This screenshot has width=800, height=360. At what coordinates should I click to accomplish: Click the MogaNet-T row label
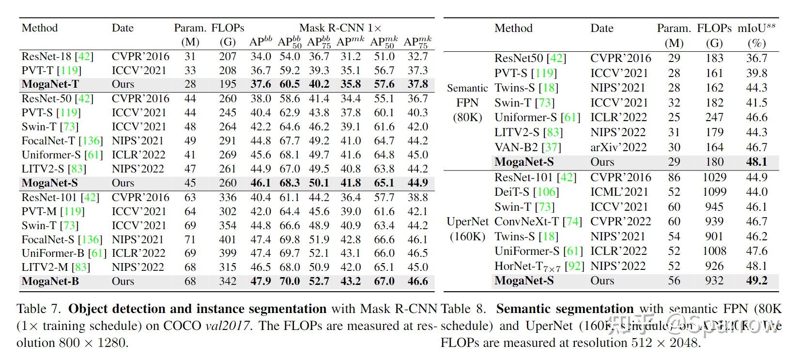[x=50, y=84]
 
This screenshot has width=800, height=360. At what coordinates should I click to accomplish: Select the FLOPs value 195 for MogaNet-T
[x=228, y=84]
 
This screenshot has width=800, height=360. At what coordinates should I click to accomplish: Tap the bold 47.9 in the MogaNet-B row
[x=261, y=282]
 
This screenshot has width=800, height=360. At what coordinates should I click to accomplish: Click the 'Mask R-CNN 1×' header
[x=340, y=28]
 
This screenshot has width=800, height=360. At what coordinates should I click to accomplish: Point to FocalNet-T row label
[x=48, y=141]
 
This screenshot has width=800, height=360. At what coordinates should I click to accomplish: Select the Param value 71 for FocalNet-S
[x=190, y=240]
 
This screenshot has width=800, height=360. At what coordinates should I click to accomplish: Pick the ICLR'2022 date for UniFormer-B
[x=138, y=253]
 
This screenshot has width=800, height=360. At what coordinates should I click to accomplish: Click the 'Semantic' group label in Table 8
[x=467, y=88]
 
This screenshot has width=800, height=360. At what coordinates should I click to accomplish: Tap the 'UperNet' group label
[x=467, y=222]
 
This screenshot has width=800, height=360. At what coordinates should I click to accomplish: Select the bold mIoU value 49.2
[x=756, y=281]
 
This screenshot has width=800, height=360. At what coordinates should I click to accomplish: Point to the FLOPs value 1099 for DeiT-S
[x=714, y=192]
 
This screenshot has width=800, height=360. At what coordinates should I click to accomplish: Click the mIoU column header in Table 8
[x=756, y=28]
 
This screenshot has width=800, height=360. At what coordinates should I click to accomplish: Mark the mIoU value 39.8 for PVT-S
[x=756, y=73]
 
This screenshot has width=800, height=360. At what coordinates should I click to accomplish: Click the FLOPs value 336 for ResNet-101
[x=228, y=198]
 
